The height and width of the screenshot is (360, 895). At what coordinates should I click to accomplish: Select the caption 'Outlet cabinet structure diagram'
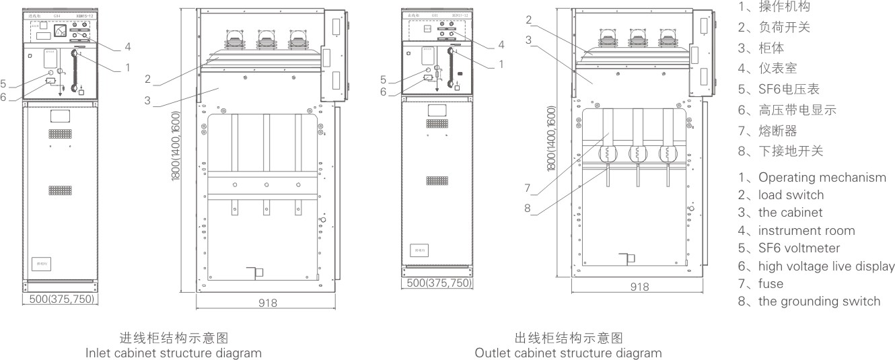(568, 353)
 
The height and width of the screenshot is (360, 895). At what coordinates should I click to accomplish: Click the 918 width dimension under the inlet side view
(268, 303)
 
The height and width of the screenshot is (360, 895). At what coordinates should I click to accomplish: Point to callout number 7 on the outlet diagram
(528, 187)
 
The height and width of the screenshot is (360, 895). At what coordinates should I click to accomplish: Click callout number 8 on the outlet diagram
(528, 209)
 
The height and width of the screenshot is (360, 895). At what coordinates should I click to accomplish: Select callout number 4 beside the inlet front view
(127, 47)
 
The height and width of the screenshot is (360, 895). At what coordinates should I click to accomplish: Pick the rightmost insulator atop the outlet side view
(666, 37)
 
